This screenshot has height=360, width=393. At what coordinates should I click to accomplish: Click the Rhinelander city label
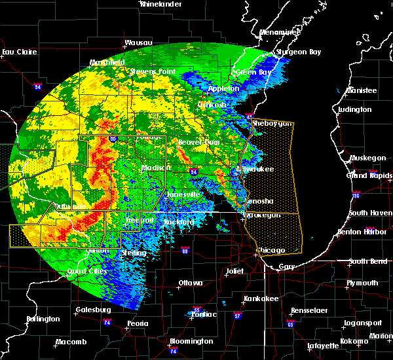[x=160, y=4]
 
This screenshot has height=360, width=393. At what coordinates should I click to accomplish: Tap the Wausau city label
[x=138, y=43]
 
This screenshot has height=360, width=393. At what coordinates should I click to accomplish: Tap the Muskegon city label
[x=367, y=158]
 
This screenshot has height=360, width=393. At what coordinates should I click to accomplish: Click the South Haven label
[x=370, y=213]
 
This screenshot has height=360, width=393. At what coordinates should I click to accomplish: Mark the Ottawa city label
[x=190, y=283]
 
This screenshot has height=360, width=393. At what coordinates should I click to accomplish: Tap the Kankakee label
[x=243, y=298]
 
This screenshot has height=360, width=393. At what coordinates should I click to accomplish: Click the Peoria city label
[x=137, y=324]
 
